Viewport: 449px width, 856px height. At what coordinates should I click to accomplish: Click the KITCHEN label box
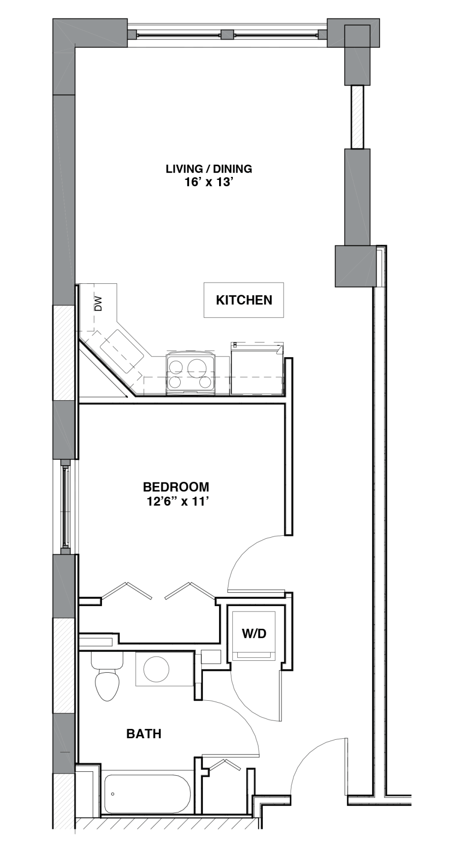[x=244, y=300]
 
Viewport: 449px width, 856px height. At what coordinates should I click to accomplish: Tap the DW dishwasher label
[x=98, y=303]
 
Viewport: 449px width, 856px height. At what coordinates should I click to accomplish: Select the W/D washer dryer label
[x=254, y=633]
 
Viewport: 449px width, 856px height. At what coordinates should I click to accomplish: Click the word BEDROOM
[x=176, y=487]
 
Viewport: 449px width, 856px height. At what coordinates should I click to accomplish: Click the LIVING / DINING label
[x=209, y=169]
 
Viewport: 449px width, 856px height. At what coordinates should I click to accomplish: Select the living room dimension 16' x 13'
[x=208, y=182]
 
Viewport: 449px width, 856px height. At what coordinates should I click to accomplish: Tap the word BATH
[x=144, y=734]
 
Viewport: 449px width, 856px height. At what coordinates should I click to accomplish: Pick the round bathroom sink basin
[x=156, y=669]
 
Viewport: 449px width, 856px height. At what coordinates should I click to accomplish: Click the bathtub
[x=147, y=794]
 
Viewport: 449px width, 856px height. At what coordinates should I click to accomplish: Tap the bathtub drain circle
[x=113, y=794]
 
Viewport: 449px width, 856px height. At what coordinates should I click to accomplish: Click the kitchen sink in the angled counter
[x=122, y=351]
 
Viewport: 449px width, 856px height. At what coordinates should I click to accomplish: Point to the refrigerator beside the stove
[x=257, y=369]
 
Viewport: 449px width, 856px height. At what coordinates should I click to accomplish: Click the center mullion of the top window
[x=227, y=34]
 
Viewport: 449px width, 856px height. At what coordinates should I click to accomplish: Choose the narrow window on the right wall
[x=357, y=117]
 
